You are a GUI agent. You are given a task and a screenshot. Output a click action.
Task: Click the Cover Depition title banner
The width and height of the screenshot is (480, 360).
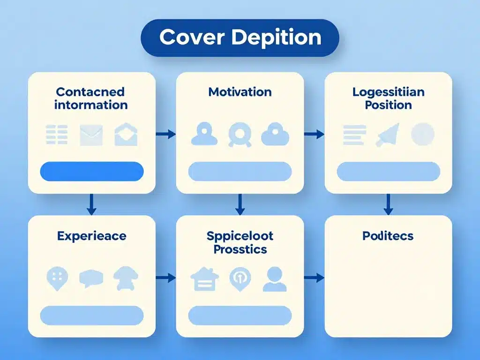(240, 38)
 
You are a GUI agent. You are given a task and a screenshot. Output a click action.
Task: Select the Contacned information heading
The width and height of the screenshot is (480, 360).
(91, 98)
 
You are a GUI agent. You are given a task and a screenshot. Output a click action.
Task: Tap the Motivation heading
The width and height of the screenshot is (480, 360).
(240, 92)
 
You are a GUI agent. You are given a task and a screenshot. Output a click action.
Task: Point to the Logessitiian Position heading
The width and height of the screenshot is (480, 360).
(388, 98)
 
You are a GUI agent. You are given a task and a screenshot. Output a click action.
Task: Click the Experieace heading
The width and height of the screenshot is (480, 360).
(91, 236)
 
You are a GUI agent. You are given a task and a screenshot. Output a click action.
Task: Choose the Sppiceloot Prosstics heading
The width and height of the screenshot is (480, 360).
(240, 242)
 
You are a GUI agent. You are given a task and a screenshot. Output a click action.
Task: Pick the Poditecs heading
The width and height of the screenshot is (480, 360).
(388, 236)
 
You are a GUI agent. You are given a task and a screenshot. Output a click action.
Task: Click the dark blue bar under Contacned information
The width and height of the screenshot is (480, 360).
(92, 171)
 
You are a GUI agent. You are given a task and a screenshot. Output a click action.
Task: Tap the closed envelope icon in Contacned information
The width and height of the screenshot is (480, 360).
(91, 135)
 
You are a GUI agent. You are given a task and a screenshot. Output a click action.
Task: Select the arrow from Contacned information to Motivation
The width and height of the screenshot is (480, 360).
(165, 135)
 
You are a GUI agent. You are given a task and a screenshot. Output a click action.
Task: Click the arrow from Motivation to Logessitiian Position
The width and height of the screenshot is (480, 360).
(314, 135)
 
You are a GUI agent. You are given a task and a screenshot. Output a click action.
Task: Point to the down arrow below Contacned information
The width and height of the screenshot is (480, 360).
(92, 204)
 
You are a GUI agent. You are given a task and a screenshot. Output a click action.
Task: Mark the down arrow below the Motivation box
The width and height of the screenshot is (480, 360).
(240, 204)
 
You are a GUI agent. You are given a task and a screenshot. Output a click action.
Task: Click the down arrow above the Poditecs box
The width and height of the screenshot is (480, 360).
(388, 204)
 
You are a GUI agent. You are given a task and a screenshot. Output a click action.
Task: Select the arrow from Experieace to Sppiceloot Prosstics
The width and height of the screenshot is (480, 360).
(165, 278)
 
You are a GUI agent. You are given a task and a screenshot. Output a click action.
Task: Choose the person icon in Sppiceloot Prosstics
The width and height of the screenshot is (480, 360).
(275, 279)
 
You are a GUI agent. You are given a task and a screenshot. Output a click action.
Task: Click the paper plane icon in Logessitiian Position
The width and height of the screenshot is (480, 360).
(388, 135)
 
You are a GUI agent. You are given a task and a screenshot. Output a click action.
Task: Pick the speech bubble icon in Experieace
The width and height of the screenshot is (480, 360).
(91, 278)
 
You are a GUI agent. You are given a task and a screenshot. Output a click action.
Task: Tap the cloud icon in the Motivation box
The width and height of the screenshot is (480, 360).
(275, 135)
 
